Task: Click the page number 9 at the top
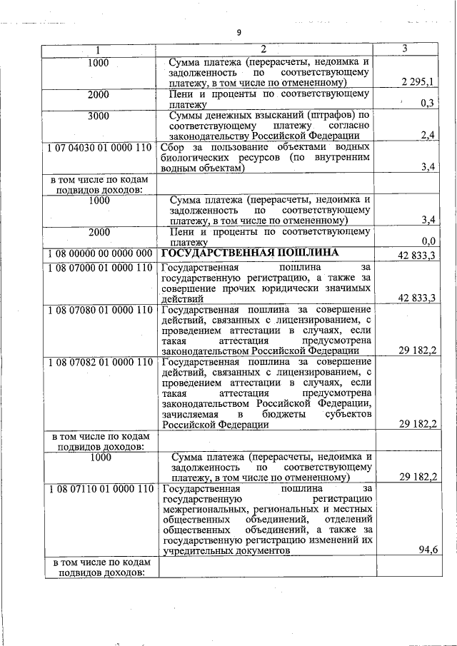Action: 240,32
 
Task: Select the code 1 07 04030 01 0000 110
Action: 99,148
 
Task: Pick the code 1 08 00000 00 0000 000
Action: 99,253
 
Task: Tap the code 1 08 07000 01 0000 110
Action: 99,267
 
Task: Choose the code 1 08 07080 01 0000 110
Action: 99,310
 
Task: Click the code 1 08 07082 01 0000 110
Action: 99,362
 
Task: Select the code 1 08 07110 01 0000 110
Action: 99,489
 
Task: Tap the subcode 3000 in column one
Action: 99,115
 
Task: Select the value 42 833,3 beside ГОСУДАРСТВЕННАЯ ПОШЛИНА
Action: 418,255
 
